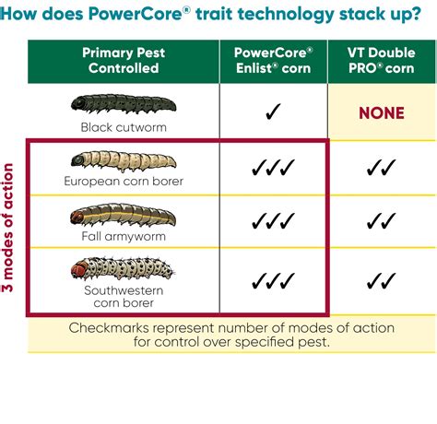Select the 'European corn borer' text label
point(123,181)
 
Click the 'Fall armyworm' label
point(123,236)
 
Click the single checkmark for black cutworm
point(273,113)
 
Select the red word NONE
point(382,113)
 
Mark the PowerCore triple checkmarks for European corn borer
point(273,168)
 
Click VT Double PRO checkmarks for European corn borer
point(382,168)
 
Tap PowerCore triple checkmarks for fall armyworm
point(273,222)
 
